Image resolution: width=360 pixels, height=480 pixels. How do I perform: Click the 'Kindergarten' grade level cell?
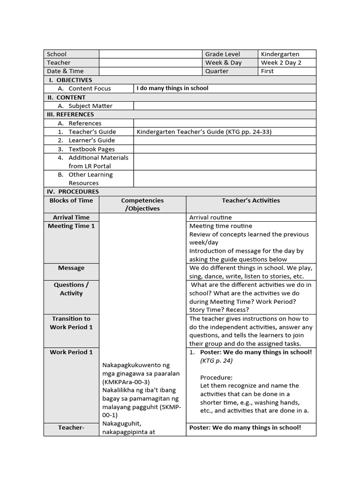[280, 54]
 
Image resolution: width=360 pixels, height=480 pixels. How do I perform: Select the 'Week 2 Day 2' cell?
[281, 63]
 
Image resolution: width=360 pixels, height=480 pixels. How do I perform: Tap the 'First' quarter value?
[268, 71]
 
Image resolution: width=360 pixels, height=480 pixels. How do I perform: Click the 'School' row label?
[57, 54]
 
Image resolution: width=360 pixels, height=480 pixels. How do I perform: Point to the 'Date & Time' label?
[65, 71]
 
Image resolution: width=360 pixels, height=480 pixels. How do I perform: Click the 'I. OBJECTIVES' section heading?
[71, 80]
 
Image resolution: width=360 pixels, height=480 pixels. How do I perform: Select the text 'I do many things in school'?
[172, 88]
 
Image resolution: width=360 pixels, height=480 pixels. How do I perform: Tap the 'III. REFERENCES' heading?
[70, 114]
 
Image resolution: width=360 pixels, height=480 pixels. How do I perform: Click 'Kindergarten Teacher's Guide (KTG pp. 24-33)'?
[204, 132]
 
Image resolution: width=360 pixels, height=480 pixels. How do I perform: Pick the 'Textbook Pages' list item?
[91, 149]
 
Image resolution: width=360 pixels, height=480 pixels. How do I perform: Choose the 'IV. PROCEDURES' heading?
[73, 192]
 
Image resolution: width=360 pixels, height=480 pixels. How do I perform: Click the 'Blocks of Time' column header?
[71, 201]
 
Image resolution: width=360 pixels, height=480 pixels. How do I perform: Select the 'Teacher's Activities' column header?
[251, 201]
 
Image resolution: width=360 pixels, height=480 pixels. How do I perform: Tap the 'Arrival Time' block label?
[71, 217]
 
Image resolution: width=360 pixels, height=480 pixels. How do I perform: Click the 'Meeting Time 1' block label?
[71, 226]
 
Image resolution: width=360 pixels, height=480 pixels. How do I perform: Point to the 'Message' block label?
[71, 268]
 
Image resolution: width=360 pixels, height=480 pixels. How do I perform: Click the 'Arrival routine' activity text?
[210, 217]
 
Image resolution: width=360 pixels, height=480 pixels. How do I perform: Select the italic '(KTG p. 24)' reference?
[216, 360]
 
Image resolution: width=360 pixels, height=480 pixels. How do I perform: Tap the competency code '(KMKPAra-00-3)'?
[125, 382]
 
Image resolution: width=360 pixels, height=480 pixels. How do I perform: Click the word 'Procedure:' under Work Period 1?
[216, 377]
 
